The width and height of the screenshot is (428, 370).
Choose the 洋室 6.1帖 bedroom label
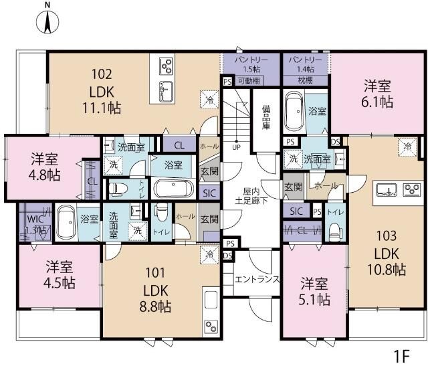[x=378, y=94]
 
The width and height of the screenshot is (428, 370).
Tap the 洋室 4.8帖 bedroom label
[x=45, y=167]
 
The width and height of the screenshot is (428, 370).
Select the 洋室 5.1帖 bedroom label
[x=314, y=291]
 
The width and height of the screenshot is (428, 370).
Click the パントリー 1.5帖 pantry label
[x=251, y=64]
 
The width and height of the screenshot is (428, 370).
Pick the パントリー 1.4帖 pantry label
[x=306, y=64]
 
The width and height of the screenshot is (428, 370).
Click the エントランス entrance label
[x=256, y=280]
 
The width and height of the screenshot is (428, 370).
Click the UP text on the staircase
[x=236, y=147]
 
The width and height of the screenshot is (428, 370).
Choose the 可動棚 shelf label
[x=249, y=81]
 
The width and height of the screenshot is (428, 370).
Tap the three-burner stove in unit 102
[x=166, y=66]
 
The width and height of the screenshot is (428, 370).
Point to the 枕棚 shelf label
[x=306, y=81]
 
